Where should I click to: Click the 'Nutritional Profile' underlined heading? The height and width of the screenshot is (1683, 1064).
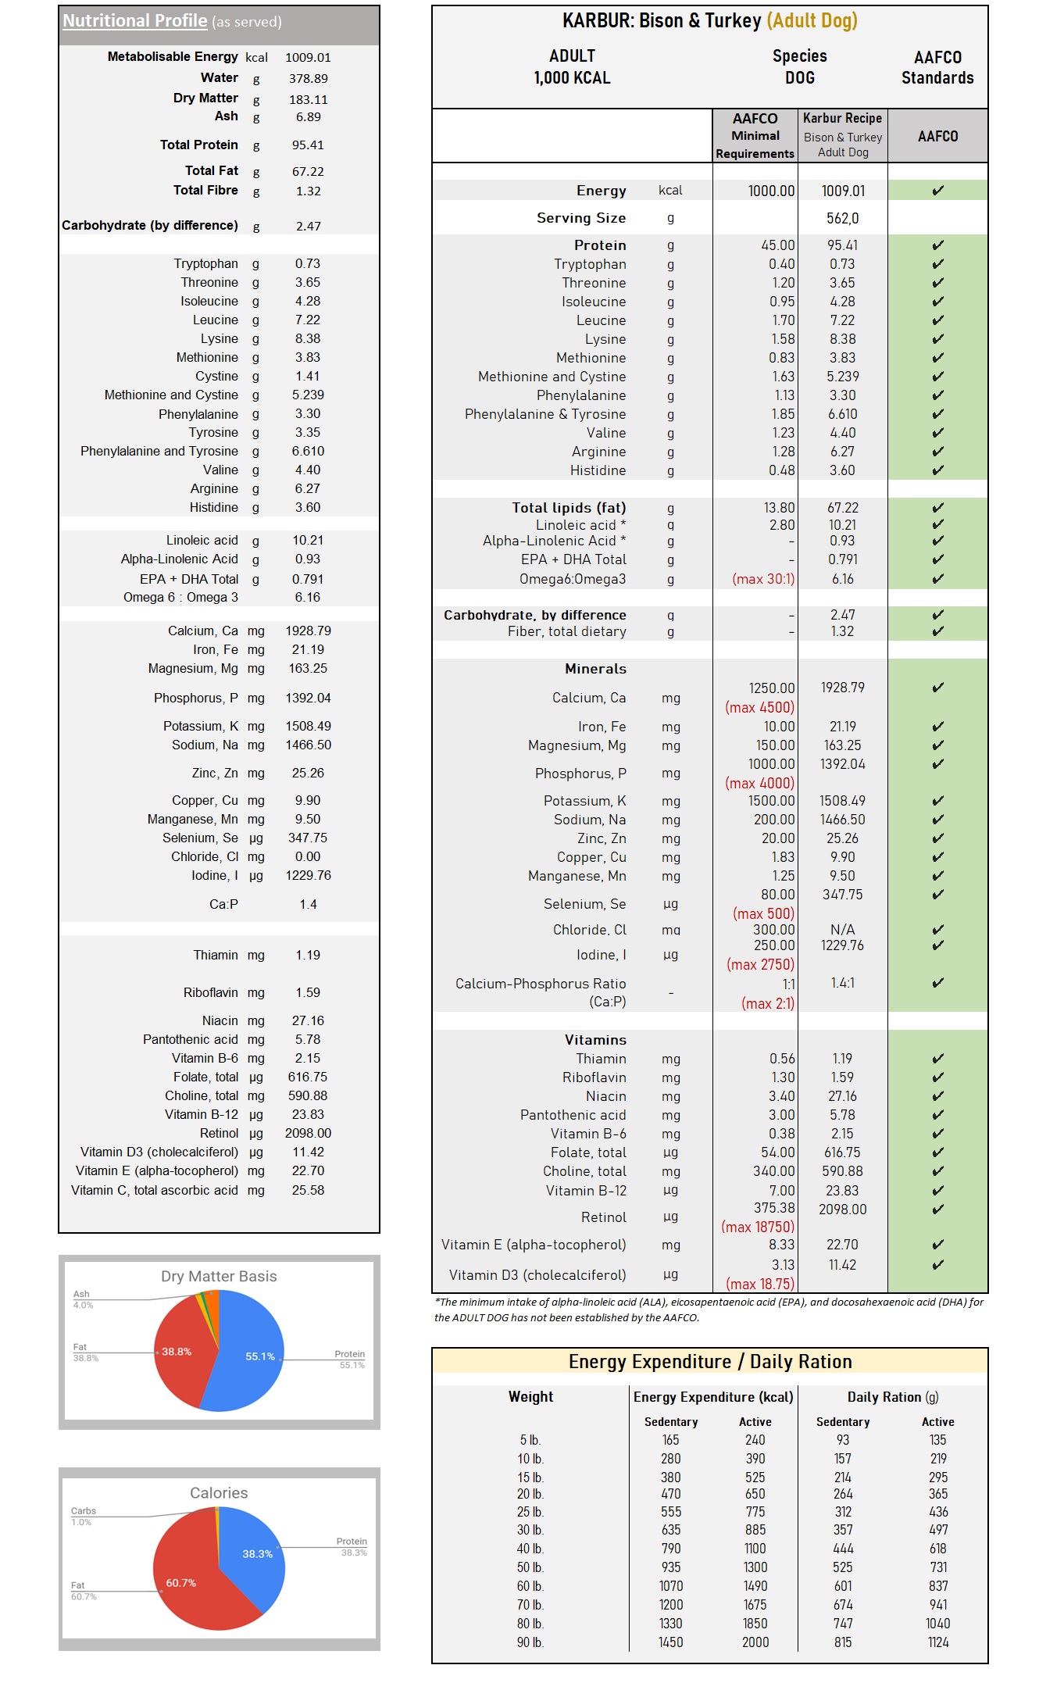click(134, 21)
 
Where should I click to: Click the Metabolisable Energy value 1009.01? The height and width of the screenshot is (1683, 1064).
click(308, 58)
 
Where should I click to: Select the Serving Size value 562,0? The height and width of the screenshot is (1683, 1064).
click(842, 219)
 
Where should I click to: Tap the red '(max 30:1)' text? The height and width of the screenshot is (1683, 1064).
click(762, 580)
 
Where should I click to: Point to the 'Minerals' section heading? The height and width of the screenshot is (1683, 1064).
click(595, 669)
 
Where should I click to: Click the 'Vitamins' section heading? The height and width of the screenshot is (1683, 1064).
click(595, 1040)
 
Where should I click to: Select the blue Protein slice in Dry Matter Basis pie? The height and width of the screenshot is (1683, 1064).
click(250, 1360)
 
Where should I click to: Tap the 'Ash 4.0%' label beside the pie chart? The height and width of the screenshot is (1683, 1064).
click(82, 1299)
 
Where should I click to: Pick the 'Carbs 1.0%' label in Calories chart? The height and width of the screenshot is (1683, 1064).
click(83, 1517)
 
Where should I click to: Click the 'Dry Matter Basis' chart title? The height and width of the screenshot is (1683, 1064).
click(219, 1277)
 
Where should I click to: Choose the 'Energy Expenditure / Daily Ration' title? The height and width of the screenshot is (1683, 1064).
click(709, 1362)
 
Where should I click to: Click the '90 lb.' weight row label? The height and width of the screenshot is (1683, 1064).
click(530, 1642)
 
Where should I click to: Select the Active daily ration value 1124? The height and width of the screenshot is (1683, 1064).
click(937, 1642)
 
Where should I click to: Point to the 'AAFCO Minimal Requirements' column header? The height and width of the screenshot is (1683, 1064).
click(755, 136)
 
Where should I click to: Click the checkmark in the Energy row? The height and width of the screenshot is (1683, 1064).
click(937, 191)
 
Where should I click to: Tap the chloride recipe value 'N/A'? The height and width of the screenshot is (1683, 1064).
click(842, 930)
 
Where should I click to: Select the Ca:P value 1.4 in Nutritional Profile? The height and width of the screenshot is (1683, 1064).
click(308, 905)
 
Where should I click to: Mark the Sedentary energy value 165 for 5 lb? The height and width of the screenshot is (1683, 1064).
click(670, 1440)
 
